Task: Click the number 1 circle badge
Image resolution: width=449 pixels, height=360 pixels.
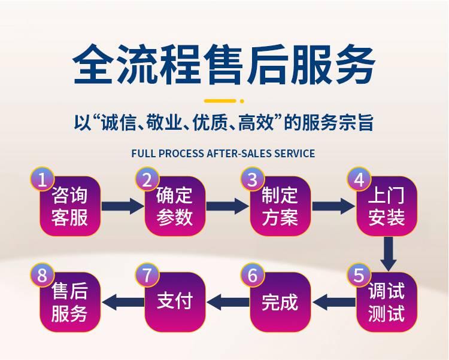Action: (x=42, y=179)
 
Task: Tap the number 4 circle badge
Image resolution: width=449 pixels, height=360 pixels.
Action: (x=359, y=179)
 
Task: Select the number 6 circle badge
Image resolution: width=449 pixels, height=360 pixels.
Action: (x=253, y=276)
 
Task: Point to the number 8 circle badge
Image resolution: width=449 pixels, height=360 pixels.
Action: (x=42, y=276)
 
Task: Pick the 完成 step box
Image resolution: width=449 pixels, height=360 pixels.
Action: (x=280, y=303)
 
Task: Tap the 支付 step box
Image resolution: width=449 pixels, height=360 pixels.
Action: (x=175, y=303)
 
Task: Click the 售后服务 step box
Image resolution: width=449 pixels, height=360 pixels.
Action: (x=69, y=303)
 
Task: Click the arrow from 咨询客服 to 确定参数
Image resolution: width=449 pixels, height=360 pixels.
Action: (x=122, y=206)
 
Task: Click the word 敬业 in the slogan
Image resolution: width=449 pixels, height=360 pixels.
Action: (x=159, y=124)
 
